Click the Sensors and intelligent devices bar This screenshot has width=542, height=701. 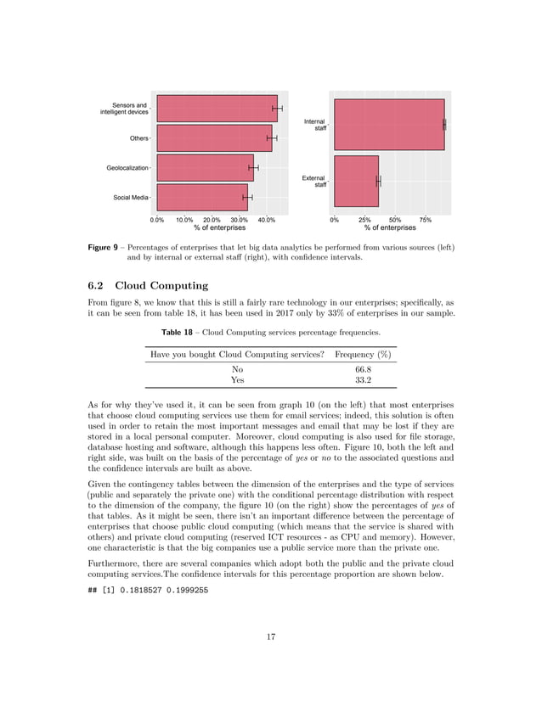tap(217, 109)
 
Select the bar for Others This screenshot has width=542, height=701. tap(214, 137)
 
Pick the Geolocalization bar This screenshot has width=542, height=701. tap(205, 167)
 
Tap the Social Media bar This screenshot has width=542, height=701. tap(202, 197)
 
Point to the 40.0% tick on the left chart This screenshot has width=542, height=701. tap(266, 220)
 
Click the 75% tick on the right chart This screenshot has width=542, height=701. tap(425, 220)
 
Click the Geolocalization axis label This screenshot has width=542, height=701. tap(127, 168)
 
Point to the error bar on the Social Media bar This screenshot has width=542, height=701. tap(247, 197)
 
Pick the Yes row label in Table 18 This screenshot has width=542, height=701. tap(237, 381)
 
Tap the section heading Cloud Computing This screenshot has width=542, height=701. tap(161, 285)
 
